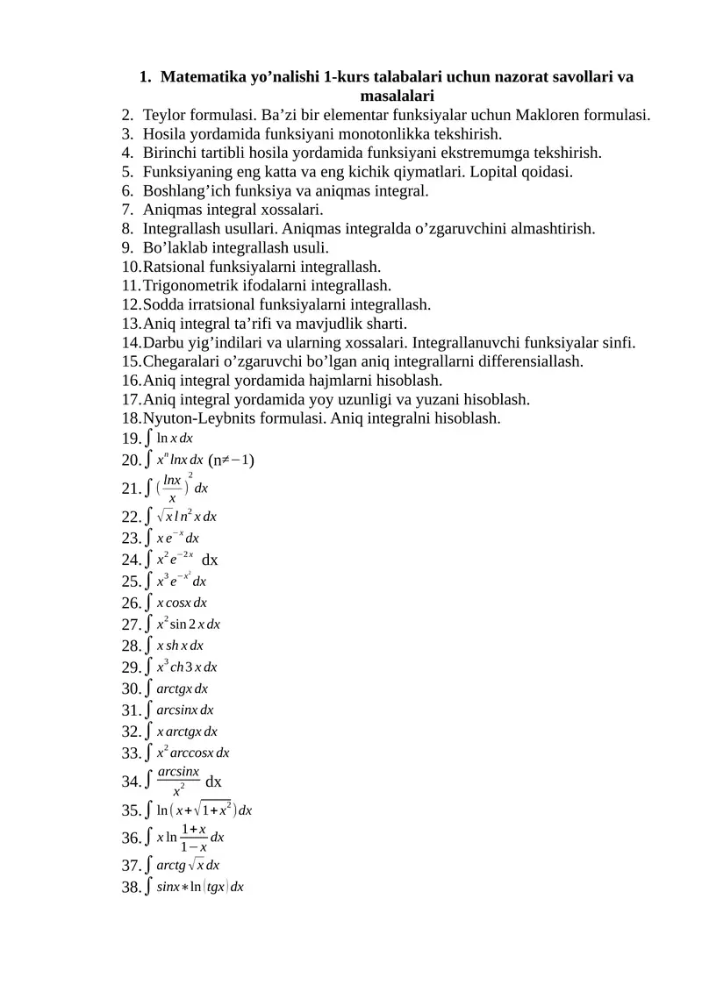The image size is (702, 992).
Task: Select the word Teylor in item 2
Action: tap(166, 115)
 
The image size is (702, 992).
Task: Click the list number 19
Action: tap(132, 439)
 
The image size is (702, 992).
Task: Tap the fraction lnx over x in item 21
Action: tap(173, 489)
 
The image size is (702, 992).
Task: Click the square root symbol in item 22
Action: tap(162, 517)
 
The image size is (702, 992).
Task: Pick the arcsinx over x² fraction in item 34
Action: tap(178, 780)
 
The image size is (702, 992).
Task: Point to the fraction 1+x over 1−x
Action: tap(193, 838)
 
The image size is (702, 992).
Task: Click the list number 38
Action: tap(132, 888)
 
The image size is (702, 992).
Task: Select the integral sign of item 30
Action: tap(149, 689)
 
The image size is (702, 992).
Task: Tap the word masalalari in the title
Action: tap(398, 96)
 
